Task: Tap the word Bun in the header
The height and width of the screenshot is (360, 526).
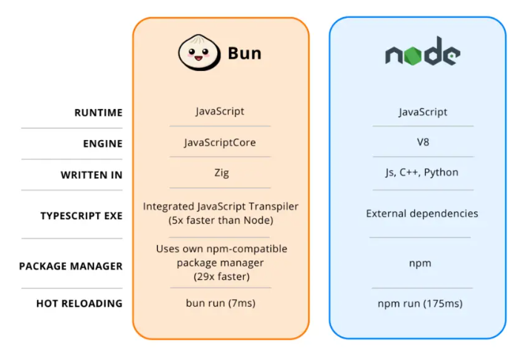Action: point(244,54)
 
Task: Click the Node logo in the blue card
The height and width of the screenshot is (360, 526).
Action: point(422,53)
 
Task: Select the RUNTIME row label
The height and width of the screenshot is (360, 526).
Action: point(98,113)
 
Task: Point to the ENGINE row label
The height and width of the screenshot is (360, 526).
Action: point(102,144)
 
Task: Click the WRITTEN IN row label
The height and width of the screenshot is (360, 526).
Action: point(92,176)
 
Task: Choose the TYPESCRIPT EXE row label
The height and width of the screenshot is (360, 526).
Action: point(81,216)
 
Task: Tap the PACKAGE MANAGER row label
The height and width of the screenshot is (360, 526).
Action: point(71,266)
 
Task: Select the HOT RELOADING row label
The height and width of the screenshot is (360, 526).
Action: point(79,303)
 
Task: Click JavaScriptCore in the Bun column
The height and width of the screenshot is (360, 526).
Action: point(220,142)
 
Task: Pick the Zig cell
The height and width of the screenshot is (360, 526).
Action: point(220,173)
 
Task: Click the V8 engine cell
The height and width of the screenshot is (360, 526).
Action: point(422,142)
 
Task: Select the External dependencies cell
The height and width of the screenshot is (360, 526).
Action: point(422,213)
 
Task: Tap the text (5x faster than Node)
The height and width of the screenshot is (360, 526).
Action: point(220,220)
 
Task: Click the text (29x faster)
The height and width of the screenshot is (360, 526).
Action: point(220,276)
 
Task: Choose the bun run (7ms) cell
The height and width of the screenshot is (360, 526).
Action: point(220,303)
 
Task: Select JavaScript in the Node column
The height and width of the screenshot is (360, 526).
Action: point(422,113)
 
